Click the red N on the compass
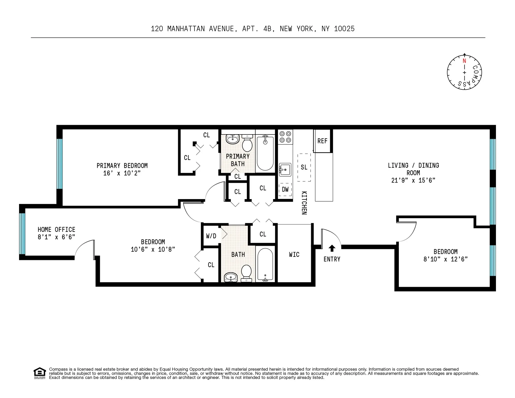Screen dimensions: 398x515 click(464, 61)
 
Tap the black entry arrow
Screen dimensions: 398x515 click(332, 248)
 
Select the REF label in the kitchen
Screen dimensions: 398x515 click(322, 141)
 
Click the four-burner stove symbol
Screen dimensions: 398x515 click(285, 137)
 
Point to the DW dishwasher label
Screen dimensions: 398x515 click(285, 189)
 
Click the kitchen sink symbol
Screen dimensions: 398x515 click(285, 170)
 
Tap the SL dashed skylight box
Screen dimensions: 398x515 click(304, 167)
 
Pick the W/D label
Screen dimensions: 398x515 click(211, 236)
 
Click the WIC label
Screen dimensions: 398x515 click(294, 254)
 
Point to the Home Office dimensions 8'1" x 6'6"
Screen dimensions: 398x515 click(56, 237)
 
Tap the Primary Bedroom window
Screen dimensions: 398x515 click(60, 164)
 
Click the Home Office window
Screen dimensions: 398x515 click(23, 233)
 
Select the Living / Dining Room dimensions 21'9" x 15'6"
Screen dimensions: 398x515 click(413, 180)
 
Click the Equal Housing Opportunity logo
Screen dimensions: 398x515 click(40, 373)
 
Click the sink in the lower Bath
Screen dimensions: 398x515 click(231, 277)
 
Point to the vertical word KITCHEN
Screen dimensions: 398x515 click(304, 203)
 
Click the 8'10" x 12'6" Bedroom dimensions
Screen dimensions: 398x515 click(445, 259)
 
